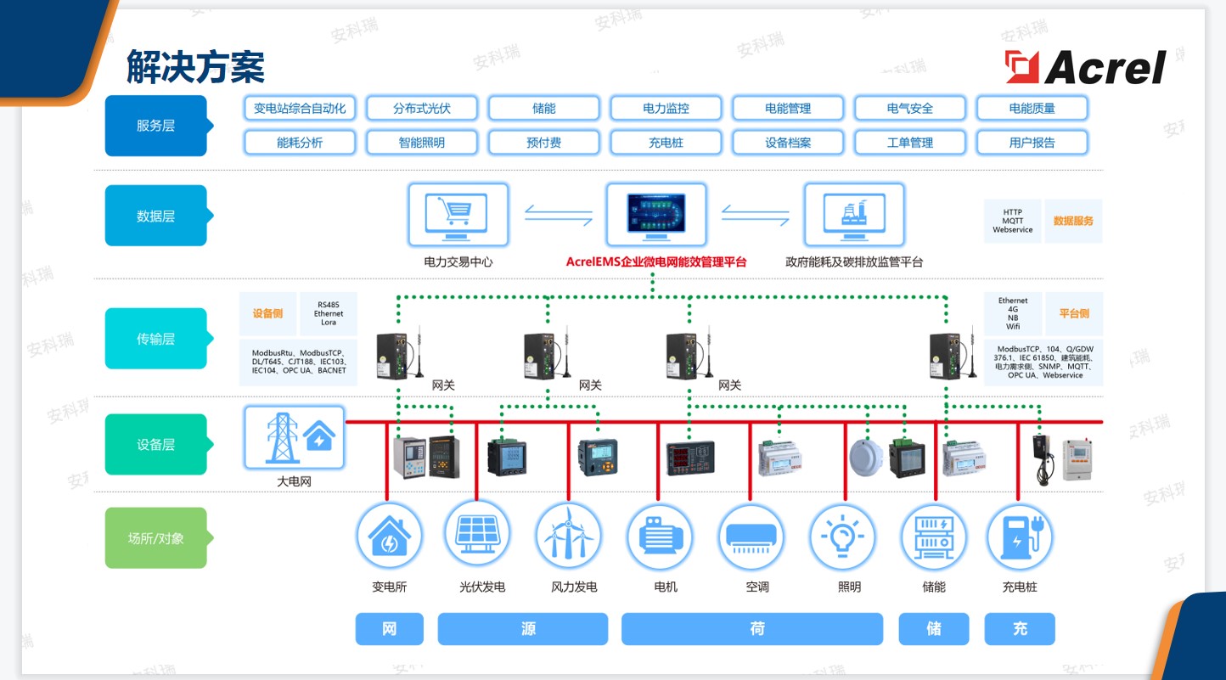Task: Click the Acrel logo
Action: (x=1086, y=67)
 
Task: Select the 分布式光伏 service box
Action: (x=422, y=108)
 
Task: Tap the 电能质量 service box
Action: (x=1032, y=108)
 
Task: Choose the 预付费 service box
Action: (x=544, y=143)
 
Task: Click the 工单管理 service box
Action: (x=910, y=143)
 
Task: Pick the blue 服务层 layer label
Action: (x=155, y=126)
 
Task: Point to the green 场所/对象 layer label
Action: (x=155, y=537)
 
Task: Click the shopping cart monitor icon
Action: (x=458, y=213)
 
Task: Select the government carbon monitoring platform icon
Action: (x=854, y=213)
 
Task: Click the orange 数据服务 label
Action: (x=1073, y=221)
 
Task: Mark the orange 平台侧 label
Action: (x=1073, y=313)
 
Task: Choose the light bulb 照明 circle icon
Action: (x=841, y=535)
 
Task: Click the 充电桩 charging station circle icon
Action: (x=1019, y=535)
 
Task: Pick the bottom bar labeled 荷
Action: (x=756, y=629)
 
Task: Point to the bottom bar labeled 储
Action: (x=933, y=629)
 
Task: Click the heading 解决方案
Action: (x=195, y=66)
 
